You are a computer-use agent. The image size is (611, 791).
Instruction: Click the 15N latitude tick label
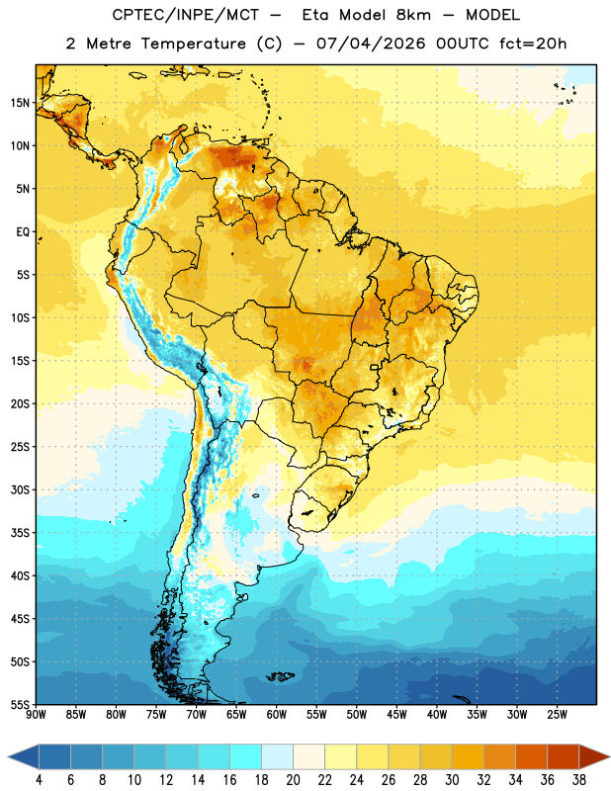[x=20, y=103]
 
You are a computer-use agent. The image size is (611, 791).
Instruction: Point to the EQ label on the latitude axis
[x=23, y=232]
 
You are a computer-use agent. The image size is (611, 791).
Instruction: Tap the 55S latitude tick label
[x=20, y=705]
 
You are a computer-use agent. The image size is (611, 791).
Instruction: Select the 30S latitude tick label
[x=20, y=489]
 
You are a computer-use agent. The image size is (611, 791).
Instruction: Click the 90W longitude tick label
[x=36, y=715]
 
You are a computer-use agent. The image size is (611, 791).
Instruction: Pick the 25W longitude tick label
[x=557, y=715]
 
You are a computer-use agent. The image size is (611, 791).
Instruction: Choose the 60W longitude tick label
[x=277, y=715]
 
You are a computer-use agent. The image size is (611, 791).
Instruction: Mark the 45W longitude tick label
[x=396, y=715]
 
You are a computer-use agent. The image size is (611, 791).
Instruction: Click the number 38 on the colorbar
[x=579, y=780]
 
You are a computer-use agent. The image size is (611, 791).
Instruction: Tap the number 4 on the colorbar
[x=39, y=780]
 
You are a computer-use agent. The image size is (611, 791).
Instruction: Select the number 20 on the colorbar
[x=293, y=780]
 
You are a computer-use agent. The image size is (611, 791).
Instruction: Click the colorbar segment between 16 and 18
[x=246, y=757]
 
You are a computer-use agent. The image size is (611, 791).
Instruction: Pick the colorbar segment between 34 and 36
[x=532, y=757]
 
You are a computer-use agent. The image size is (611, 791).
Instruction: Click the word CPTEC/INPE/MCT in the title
[x=185, y=15]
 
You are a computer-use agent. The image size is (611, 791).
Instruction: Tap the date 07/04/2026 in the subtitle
[x=371, y=44]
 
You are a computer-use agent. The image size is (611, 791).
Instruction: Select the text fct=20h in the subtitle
[x=533, y=44]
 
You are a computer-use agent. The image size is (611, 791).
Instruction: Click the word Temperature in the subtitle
[x=193, y=44]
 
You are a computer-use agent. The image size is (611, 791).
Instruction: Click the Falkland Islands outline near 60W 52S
[x=280, y=676]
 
